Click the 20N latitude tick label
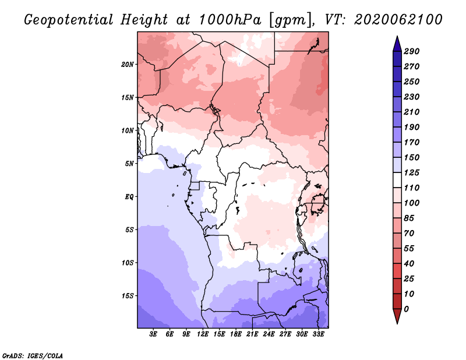pyautogui.click(x=128, y=64)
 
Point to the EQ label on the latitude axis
pyautogui.click(x=129, y=196)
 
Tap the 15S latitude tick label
pyautogui.click(x=128, y=295)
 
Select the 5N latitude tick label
pyautogui.click(x=129, y=164)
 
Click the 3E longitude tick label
pyautogui.click(x=153, y=334)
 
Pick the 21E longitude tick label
pyautogui.click(x=252, y=334)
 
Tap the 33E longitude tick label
pyautogui.click(x=318, y=334)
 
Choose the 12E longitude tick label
pyautogui.click(x=202, y=334)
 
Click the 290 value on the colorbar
pyautogui.click(x=412, y=51)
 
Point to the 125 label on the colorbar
pyautogui.click(x=412, y=172)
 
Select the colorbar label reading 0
pyautogui.click(x=407, y=309)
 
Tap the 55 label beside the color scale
pyautogui.click(x=409, y=249)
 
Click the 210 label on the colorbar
pyautogui.click(x=412, y=112)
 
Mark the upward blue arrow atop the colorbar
pyautogui.click(x=397, y=44)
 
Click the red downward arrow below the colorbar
pyautogui.click(x=397, y=316)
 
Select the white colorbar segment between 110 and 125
pyautogui.click(x=397, y=180)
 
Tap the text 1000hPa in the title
pyautogui.click(x=230, y=20)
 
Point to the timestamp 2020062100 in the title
pyautogui.click(x=398, y=20)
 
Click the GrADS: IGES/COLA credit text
pyautogui.click(x=33, y=355)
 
